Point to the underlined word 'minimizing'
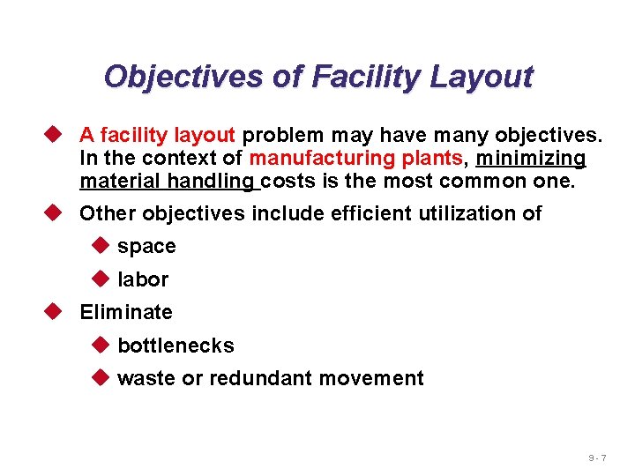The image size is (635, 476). (x=530, y=159)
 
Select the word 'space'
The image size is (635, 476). (x=146, y=247)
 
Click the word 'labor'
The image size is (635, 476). (x=143, y=279)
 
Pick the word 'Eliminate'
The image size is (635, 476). (x=126, y=312)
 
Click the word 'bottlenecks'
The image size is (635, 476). (x=176, y=346)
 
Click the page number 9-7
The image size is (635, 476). (x=597, y=458)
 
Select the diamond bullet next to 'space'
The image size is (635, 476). (x=98, y=246)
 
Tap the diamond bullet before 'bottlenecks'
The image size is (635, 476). (x=98, y=345)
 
